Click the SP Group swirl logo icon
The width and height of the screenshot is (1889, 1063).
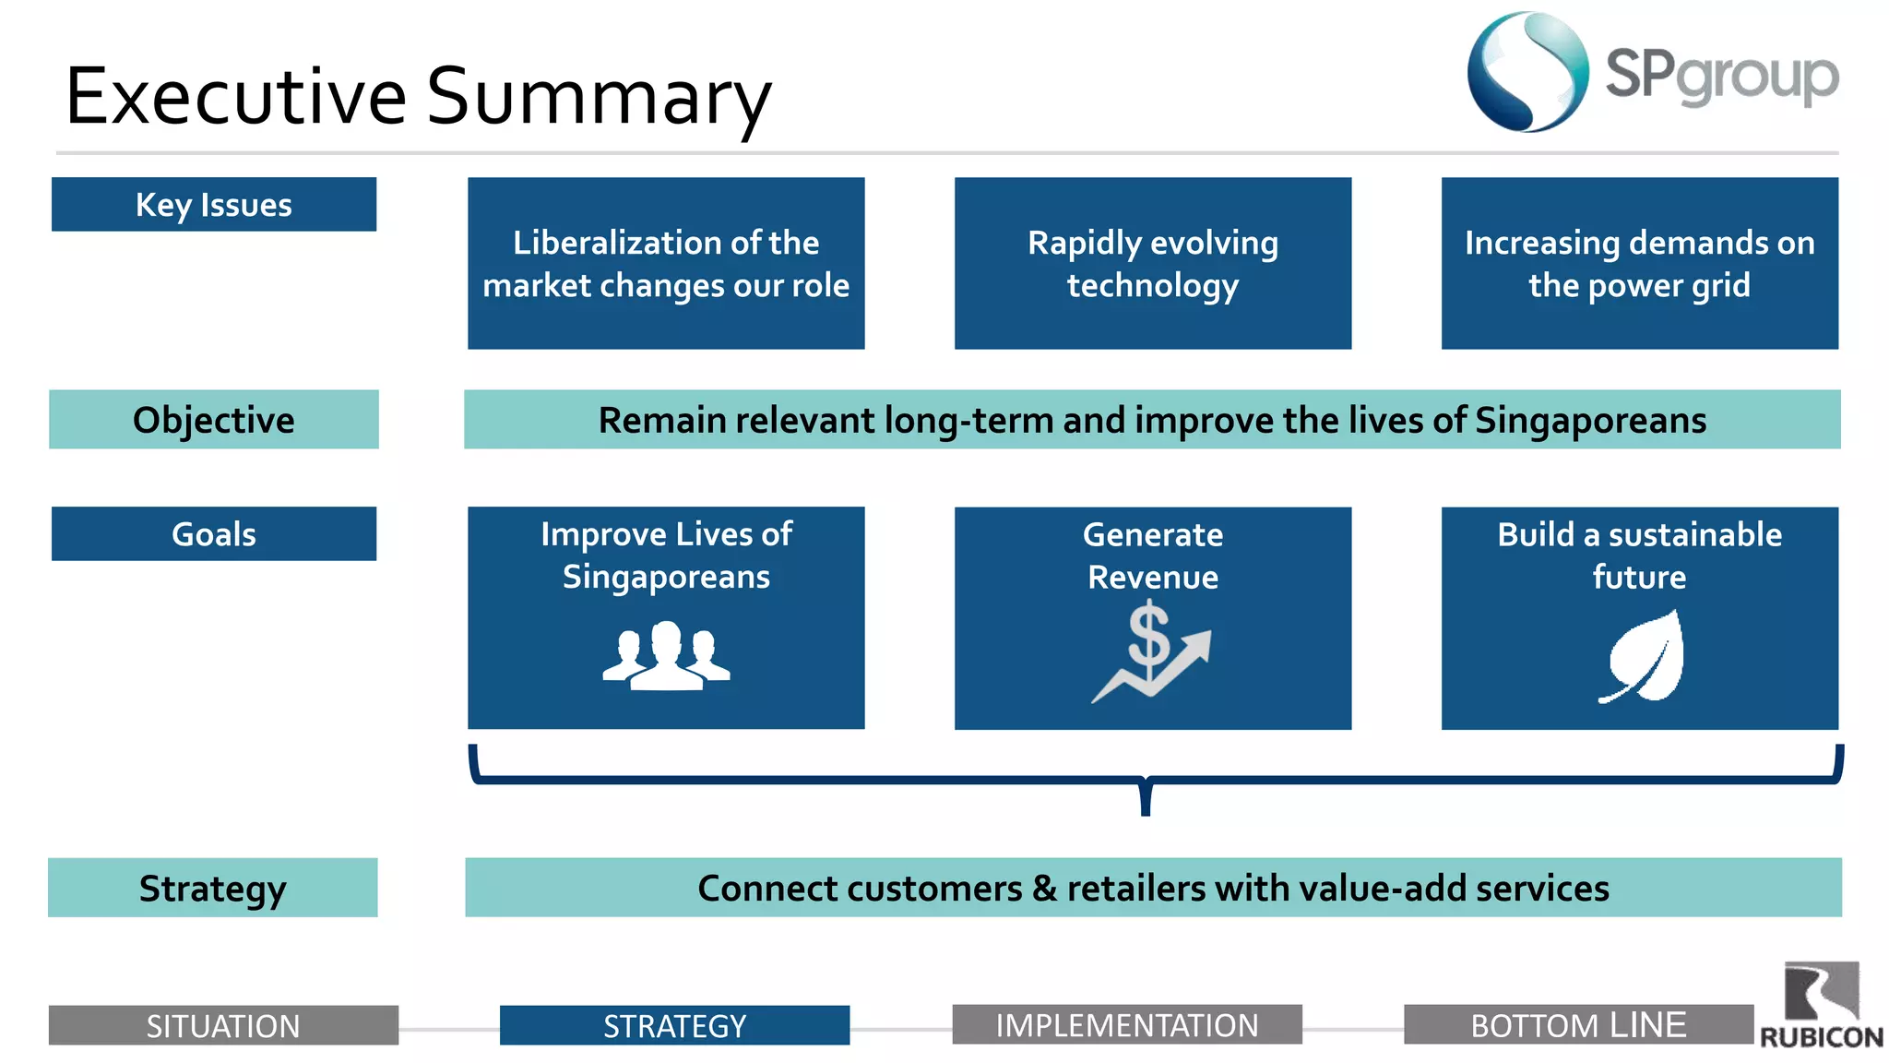click(1527, 72)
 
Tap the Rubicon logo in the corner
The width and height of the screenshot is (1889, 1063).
click(1821, 1006)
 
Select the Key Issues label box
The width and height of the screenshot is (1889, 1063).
click(214, 205)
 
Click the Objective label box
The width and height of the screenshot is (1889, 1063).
click(214, 420)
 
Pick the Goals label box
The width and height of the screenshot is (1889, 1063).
click(214, 534)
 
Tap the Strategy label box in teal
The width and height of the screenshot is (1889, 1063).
click(213, 888)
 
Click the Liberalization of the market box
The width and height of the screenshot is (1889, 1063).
click(666, 264)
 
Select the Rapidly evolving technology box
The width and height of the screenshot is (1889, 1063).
click(1153, 264)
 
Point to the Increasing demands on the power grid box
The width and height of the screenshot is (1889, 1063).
click(1639, 264)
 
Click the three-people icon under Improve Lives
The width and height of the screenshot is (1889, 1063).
click(666, 655)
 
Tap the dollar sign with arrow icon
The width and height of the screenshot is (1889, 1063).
click(1152, 651)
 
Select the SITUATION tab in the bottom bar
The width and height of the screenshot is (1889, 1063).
click(223, 1025)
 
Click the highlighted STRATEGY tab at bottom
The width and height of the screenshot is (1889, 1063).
click(674, 1025)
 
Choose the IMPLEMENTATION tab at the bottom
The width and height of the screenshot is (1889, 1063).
click(1126, 1025)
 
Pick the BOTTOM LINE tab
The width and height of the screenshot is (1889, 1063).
click(1578, 1025)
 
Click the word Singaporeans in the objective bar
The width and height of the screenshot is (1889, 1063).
click(1590, 421)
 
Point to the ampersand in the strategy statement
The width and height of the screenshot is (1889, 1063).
click(1044, 889)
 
